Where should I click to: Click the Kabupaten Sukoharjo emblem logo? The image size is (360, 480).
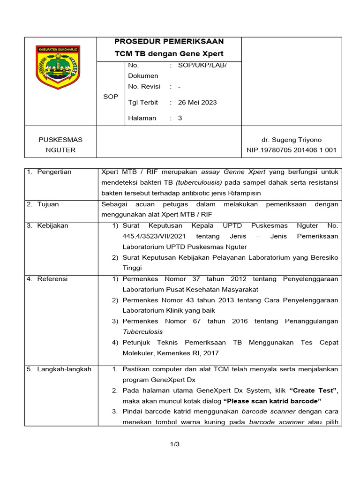point(58,67)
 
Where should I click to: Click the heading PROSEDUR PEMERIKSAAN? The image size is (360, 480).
point(169,41)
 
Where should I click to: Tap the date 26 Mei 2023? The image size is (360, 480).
point(197,102)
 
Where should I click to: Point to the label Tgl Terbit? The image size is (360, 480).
point(143,102)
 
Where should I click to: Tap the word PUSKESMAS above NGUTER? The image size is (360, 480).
point(60,140)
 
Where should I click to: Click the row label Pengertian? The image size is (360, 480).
point(55,172)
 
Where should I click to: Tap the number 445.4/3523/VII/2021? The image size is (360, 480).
point(154,236)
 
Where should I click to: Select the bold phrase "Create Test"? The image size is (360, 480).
point(314,390)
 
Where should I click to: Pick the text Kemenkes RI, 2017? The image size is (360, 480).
point(189,353)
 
